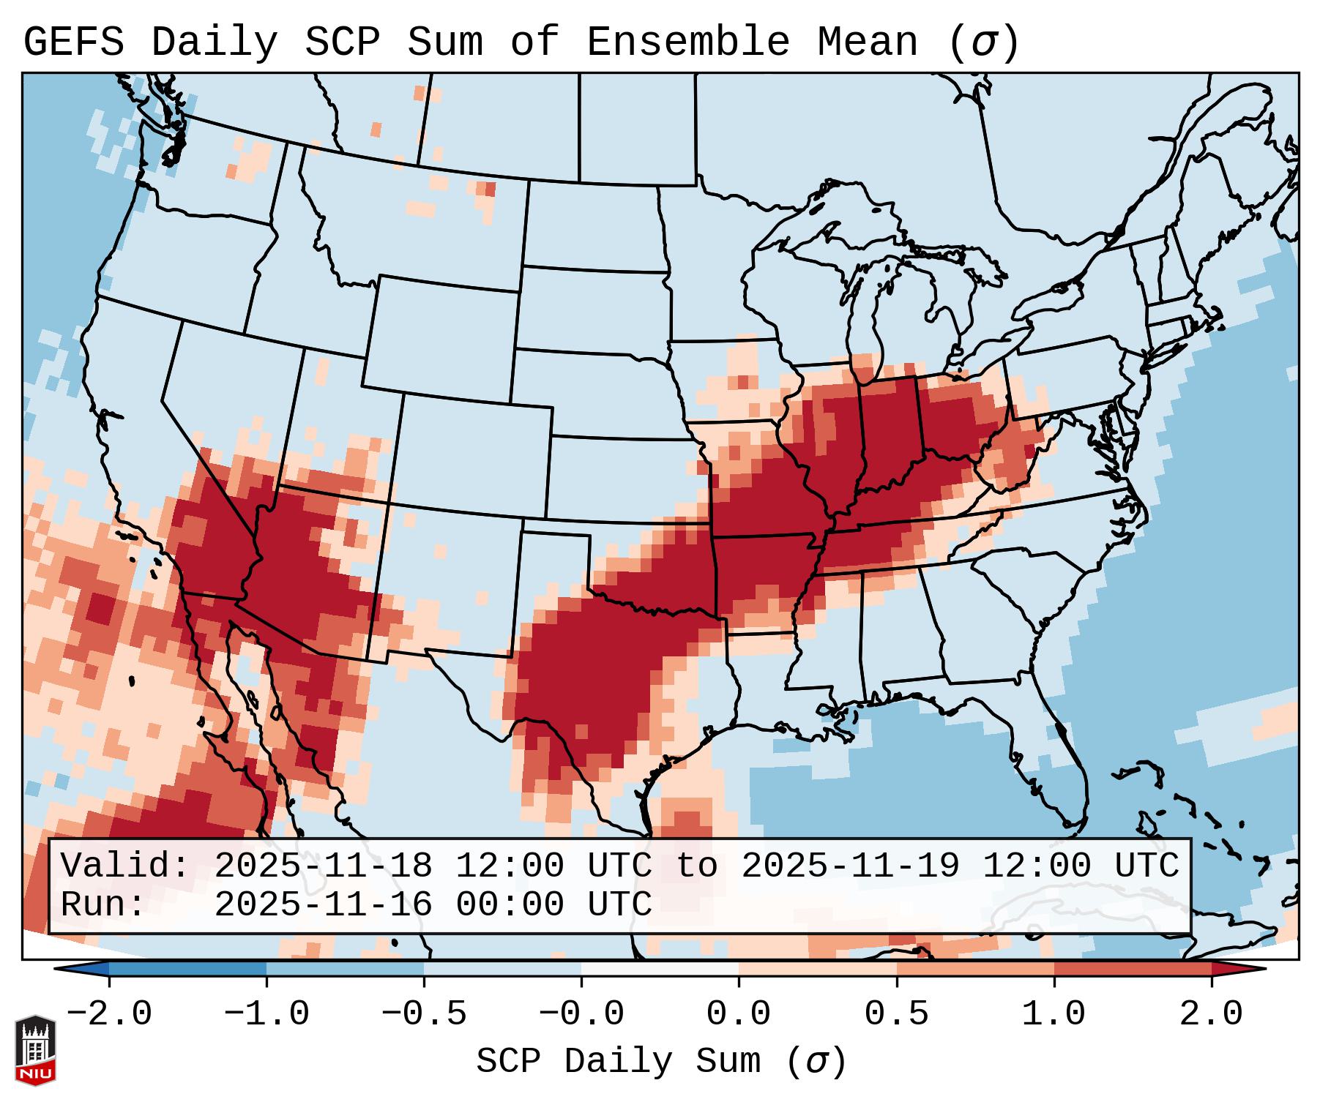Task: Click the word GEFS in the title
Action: (x=73, y=42)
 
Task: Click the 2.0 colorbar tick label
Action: (x=1211, y=1014)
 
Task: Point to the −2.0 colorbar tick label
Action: (x=109, y=1014)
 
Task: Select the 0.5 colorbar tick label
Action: (x=896, y=1014)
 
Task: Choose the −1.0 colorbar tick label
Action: (x=266, y=1014)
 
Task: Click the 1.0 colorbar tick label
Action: (x=1054, y=1014)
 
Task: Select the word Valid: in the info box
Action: (x=125, y=866)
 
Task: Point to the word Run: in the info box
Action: (x=103, y=905)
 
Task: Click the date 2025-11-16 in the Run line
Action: (x=323, y=905)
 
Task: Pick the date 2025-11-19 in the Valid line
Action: (x=850, y=866)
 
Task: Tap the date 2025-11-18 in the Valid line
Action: (x=323, y=866)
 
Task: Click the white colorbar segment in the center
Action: (x=660, y=969)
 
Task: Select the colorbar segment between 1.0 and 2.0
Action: (x=1133, y=969)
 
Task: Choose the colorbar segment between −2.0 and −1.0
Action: (x=187, y=969)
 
